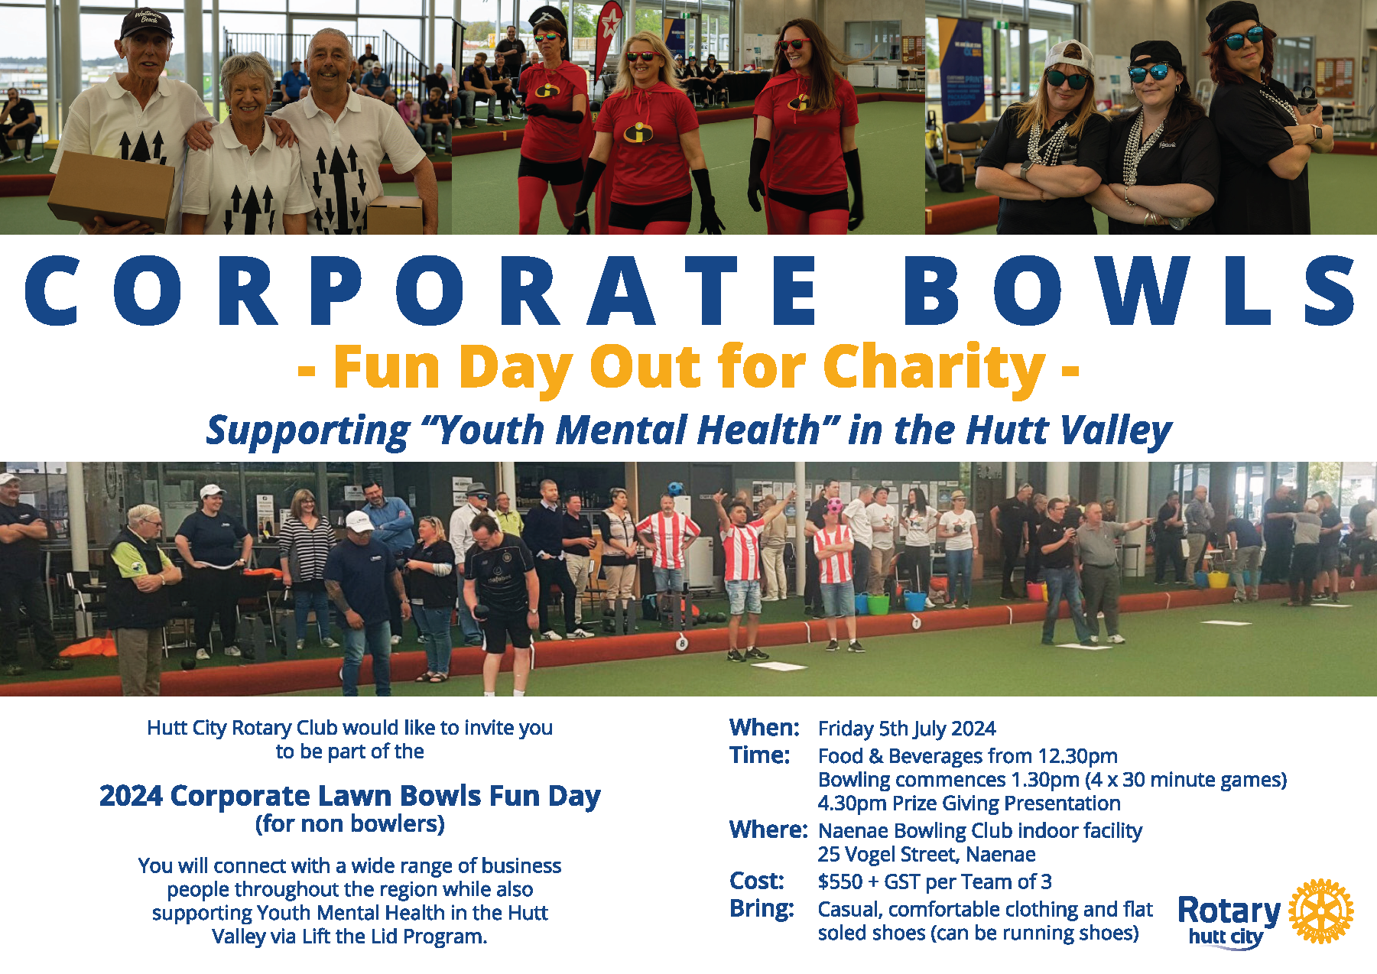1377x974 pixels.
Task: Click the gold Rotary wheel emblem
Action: point(1320,911)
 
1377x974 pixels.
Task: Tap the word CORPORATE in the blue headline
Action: point(421,291)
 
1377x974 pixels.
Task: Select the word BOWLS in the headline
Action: point(1128,291)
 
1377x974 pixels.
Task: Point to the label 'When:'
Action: point(764,727)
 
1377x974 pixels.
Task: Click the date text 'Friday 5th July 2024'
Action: point(907,729)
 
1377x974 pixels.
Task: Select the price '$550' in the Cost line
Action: point(840,882)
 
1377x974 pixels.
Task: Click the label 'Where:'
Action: point(768,830)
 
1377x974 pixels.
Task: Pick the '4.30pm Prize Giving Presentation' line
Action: point(969,804)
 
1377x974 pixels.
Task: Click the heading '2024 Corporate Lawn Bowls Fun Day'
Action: point(349,797)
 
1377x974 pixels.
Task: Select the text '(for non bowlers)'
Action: point(349,824)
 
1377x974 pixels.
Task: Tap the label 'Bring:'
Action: point(762,909)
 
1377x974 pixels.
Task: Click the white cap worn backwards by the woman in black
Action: point(1068,55)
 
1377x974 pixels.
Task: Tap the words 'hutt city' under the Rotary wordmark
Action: point(1225,937)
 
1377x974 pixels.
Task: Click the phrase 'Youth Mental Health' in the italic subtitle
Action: point(628,430)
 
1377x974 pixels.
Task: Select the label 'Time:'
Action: point(759,755)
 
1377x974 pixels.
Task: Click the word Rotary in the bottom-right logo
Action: point(1229,910)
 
